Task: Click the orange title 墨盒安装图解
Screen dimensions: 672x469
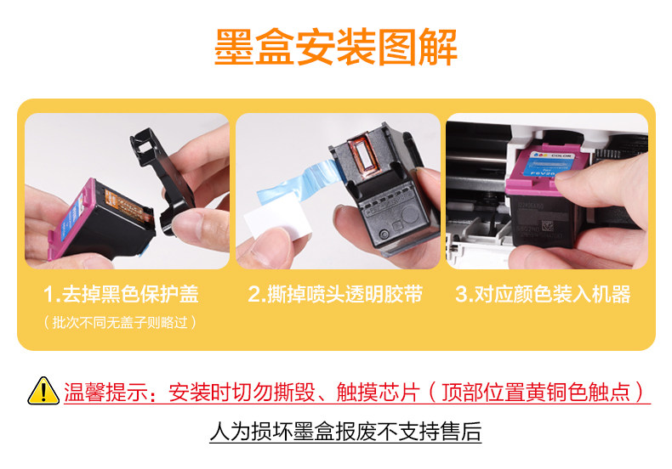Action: click(335, 47)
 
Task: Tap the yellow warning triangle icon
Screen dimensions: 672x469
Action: click(43, 391)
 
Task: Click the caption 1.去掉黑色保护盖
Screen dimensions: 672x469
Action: click(121, 294)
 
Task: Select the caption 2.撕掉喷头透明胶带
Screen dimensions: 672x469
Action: click(335, 294)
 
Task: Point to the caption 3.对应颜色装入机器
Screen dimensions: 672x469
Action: click(543, 294)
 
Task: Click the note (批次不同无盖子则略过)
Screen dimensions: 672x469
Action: click(120, 322)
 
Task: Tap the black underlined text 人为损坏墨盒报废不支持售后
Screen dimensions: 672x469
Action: click(345, 432)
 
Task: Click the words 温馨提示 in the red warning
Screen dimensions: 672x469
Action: click(105, 392)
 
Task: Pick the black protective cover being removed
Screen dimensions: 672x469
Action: click(161, 180)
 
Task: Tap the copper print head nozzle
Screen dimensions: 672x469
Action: click(364, 155)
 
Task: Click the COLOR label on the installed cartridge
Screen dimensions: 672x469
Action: click(561, 155)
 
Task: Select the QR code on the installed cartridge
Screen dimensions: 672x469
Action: click(548, 225)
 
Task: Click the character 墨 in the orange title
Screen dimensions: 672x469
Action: click(233, 47)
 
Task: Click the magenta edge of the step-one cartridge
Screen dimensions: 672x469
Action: click(71, 218)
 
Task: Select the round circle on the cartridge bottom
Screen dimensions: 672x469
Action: click(410, 214)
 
